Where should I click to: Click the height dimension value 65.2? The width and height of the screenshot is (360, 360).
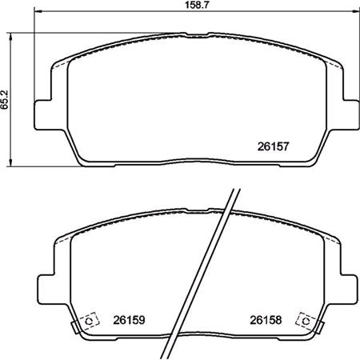5,97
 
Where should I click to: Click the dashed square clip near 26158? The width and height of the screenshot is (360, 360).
304,319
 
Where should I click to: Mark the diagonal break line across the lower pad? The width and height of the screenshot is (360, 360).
214,272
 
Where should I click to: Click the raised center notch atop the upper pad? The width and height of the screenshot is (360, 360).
196,35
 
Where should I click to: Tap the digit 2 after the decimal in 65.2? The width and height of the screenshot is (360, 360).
5,89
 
